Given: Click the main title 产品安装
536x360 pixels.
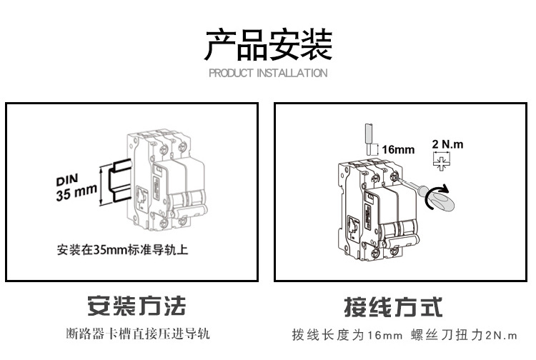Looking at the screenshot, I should click(x=268, y=44).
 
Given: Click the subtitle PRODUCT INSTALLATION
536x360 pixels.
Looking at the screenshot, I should click(x=268, y=73).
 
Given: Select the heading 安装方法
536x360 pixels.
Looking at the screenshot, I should click(x=136, y=306).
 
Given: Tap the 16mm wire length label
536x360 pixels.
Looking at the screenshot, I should click(x=398, y=150).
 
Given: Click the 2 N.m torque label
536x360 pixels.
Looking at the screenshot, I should click(x=448, y=144).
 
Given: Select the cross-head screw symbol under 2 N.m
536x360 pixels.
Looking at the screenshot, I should click(x=441, y=162).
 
